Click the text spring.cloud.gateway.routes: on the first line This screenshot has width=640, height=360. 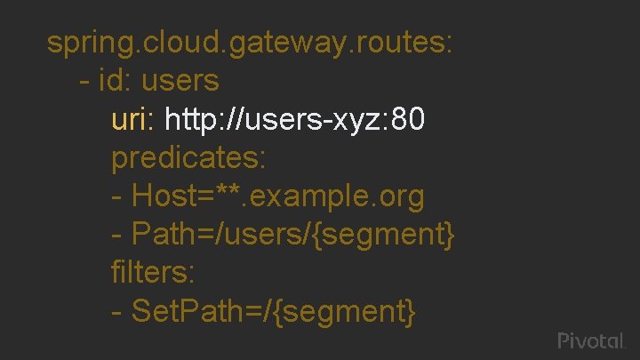[x=251, y=43]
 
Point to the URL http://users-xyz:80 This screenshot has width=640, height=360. [x=295, y=119]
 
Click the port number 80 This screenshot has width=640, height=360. [x=407, y=119]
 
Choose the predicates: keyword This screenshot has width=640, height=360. [x=188, y=158]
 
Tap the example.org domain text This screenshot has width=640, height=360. [x=339, y=196]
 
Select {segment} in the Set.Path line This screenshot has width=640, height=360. [x=350, y=312]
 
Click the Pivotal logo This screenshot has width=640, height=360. [x=592, y=340]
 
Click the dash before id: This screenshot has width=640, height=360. [x=84, y=81]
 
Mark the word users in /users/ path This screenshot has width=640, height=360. [x=276, y=236]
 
